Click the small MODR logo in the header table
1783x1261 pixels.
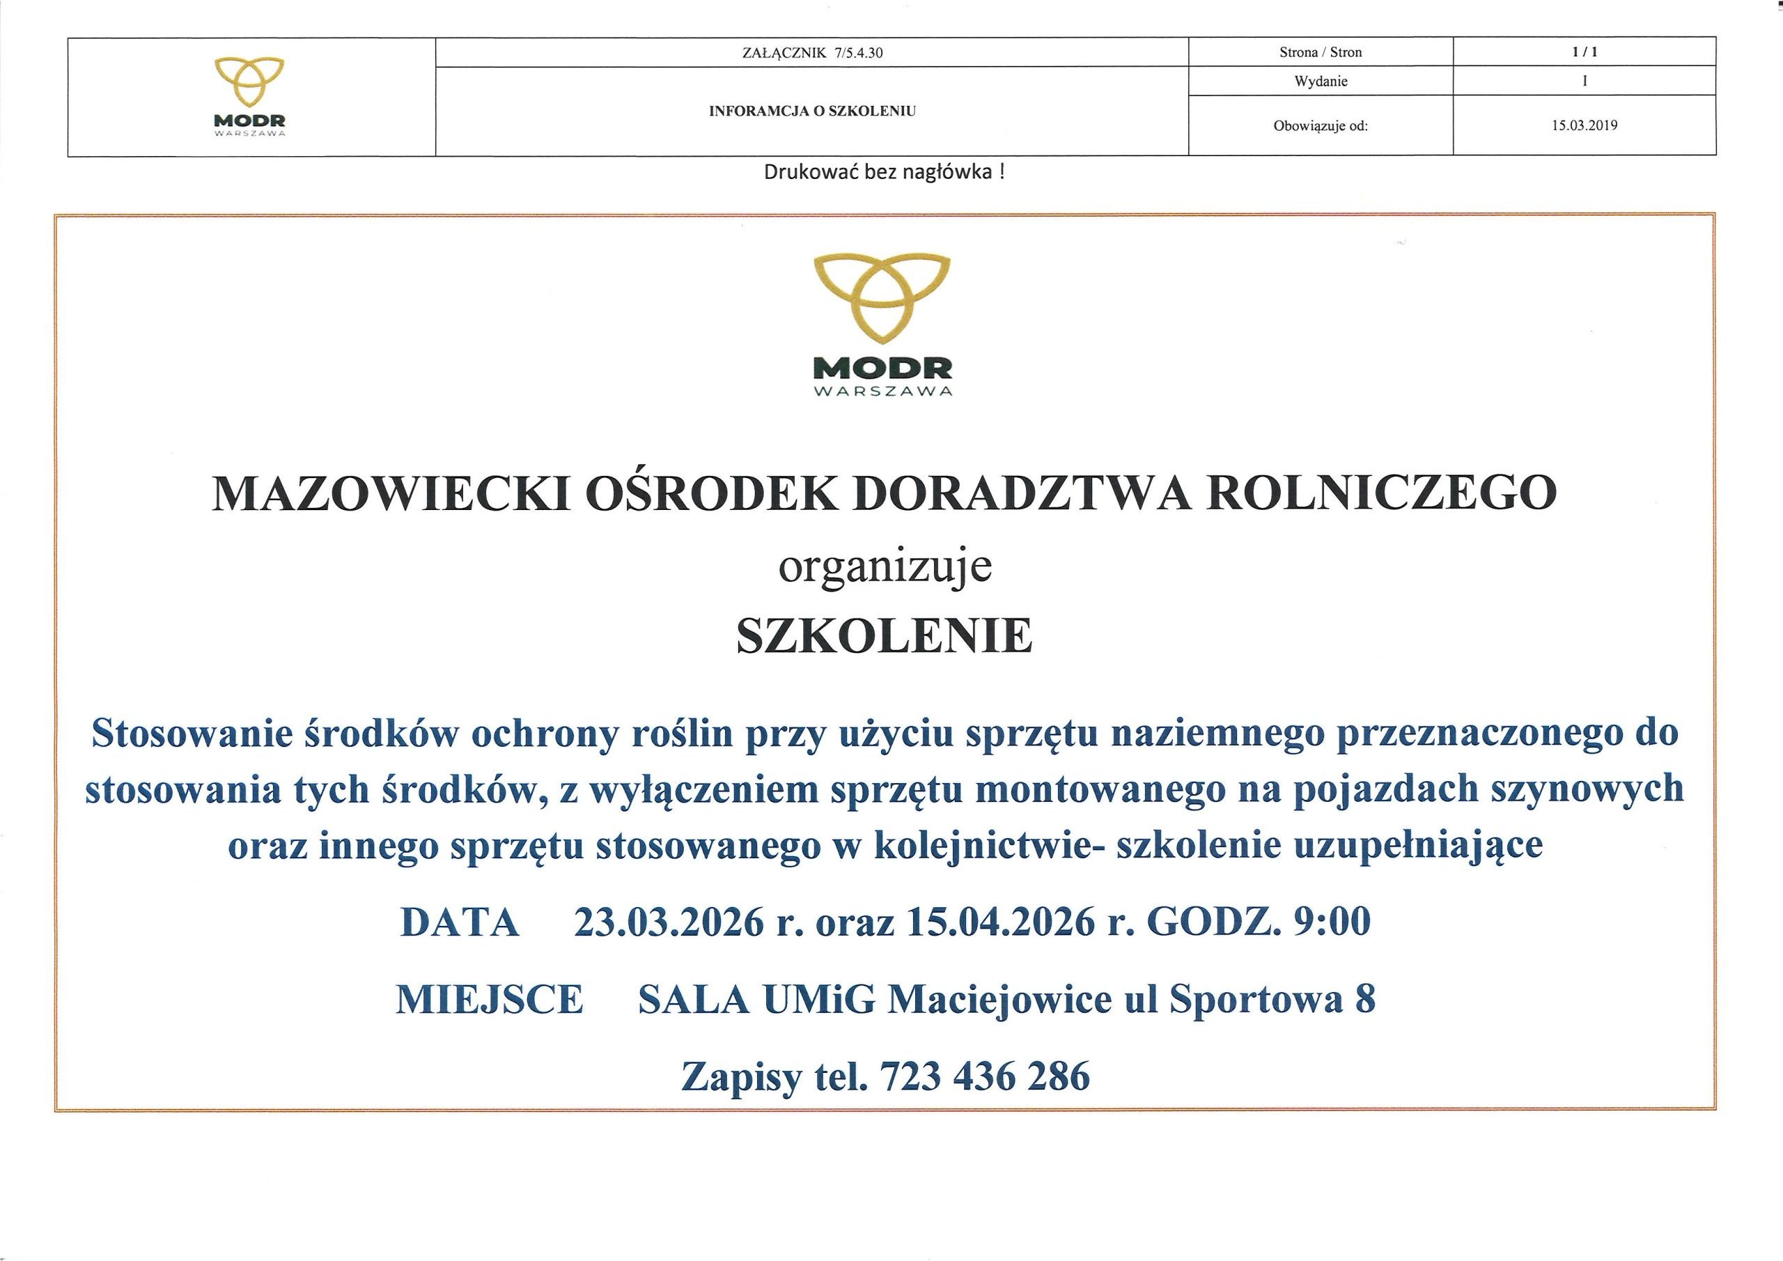(249, 96)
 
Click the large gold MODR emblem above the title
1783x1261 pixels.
(882, 299)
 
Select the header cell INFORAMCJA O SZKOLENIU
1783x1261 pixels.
(812, 111)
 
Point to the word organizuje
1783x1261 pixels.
(885, 568)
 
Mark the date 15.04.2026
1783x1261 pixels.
(1000, 922)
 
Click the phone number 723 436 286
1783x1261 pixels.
(985, 1077)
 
